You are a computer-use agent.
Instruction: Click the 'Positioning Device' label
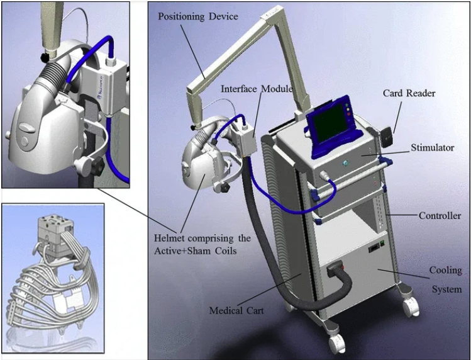pyautogui.click(x=198, y=16)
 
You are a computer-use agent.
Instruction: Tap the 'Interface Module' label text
pyautogui.click(x=257, y=89)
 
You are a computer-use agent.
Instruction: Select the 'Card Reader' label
pyautogui.click(x=409, y=94)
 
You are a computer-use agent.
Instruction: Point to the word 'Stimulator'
pyautogui.click(x=432, y=149)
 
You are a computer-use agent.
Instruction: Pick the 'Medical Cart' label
pyautogui.click(x=236, y=310)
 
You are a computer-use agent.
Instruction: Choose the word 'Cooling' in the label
pyautogui.click(x=445, y=271)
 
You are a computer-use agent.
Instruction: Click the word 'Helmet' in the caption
pyautogui.click(x=170, y=239)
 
